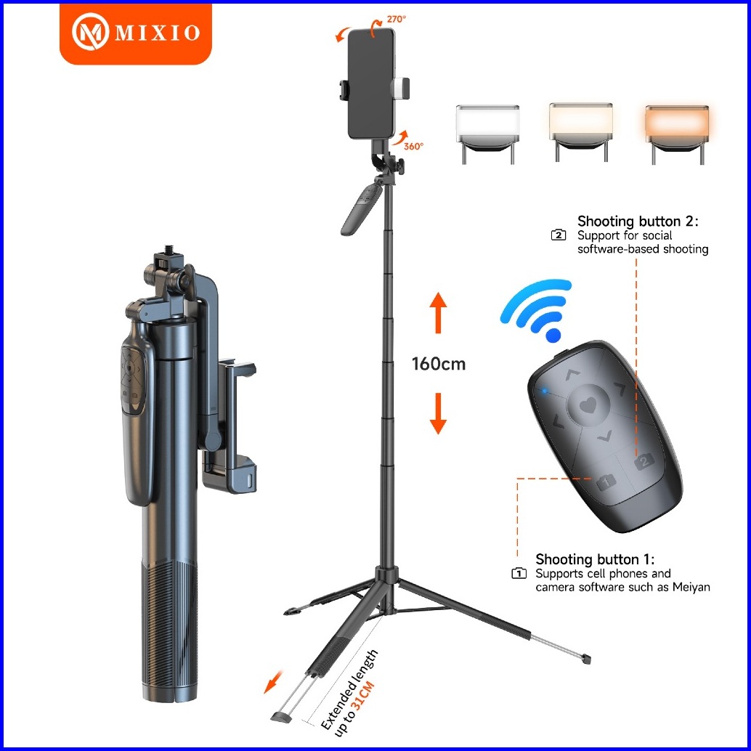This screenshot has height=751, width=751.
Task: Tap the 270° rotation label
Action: click(396, 19)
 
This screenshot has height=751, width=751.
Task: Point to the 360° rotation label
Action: click(413, 146)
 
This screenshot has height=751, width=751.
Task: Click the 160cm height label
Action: click(438, 364)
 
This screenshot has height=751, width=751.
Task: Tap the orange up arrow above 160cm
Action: click(438, 313)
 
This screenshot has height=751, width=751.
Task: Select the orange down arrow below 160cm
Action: click(438, 413)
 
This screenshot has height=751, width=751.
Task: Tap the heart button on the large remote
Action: click(588, 406)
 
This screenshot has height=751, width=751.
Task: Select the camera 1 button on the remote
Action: click(606, 481)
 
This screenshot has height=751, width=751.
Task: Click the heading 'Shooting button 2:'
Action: click(638, 222)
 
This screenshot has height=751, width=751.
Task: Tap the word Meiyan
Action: click(691, 587)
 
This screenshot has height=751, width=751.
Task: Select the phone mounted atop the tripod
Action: click(372, 84)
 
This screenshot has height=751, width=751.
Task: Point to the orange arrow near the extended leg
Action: click(274, 682)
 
